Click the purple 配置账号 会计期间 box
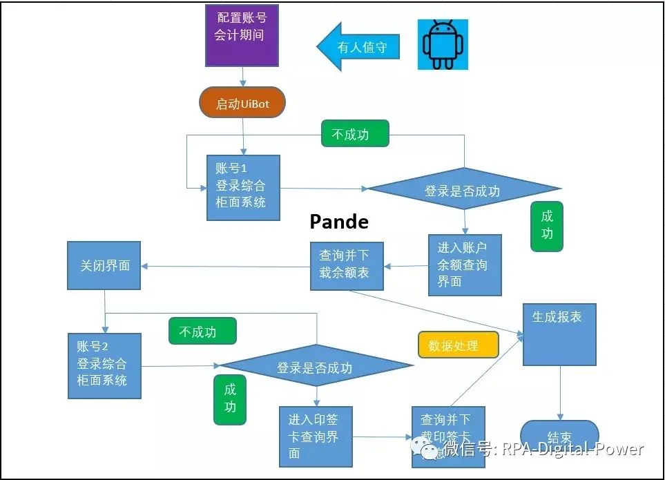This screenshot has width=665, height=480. pos(242,35)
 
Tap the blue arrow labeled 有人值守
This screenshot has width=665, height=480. pos(358,47)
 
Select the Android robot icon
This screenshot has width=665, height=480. pos(443,44)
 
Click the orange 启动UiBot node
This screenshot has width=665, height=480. pos(242,104)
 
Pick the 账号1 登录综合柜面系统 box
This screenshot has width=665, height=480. pos(243,187)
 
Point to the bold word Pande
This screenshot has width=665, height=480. pos(338,222)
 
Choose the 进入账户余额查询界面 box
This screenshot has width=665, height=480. pos(465,265)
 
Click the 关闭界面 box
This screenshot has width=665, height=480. pos(104,265)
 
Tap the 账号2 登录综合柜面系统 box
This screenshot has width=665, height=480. pos(104,365)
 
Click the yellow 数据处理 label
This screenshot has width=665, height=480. pos(458,345)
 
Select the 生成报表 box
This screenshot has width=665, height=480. pos(559,334)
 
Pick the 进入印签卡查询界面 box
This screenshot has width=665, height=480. pos(317,436)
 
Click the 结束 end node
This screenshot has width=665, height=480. pos(559,436)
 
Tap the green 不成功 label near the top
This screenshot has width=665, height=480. pos(355,134)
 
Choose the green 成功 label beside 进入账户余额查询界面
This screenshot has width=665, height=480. pos(547,226)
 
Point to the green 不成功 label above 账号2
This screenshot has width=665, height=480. pos(202,332)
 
